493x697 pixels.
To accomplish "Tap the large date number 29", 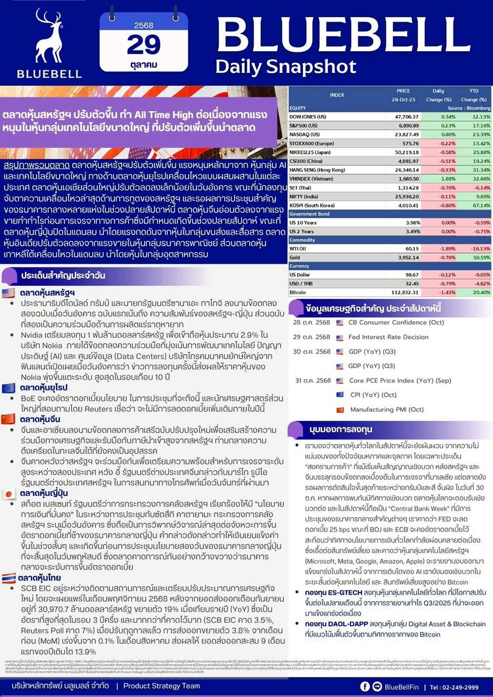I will (143, 45).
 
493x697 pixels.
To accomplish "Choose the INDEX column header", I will (337, 95).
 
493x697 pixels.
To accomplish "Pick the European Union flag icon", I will (9, 388).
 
